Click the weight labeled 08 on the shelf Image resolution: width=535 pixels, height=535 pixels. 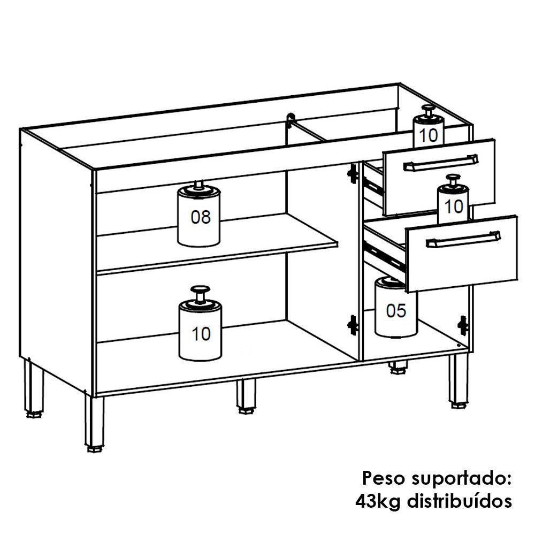click(x=199, y=217)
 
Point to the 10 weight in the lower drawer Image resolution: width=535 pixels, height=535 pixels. click(x=453, y=203)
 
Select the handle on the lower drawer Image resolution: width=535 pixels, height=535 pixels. click(x=463, y=240)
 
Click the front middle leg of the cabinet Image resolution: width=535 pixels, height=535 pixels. click(x=246, y=396)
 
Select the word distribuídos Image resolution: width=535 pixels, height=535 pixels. click(x=460, y=501)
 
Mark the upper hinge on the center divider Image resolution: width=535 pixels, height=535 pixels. click(x=352, y=173)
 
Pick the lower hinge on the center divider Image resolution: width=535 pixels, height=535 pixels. click(x=352, y=324)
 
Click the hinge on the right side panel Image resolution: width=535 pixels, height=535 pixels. click(x=463, y=325)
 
